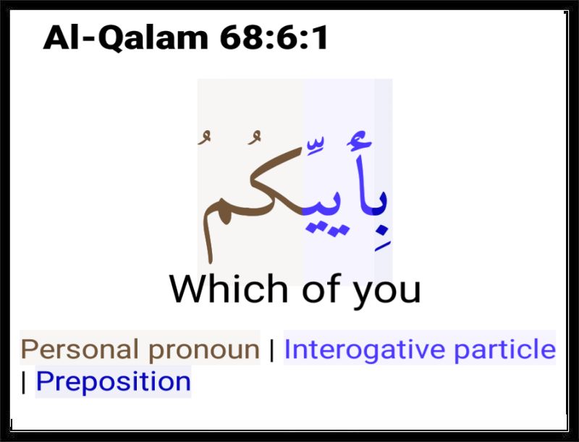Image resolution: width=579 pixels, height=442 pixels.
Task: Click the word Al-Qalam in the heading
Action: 126,38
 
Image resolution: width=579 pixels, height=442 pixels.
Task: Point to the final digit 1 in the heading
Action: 321,38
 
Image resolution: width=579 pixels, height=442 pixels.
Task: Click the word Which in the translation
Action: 229,289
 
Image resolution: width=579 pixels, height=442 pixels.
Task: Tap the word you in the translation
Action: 387,293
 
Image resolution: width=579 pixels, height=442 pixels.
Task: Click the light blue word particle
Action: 504,349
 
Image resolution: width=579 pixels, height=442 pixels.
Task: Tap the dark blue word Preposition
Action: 114,381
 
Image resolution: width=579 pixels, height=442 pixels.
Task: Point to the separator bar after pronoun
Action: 272,350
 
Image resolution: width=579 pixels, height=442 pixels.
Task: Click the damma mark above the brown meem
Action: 204,137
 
